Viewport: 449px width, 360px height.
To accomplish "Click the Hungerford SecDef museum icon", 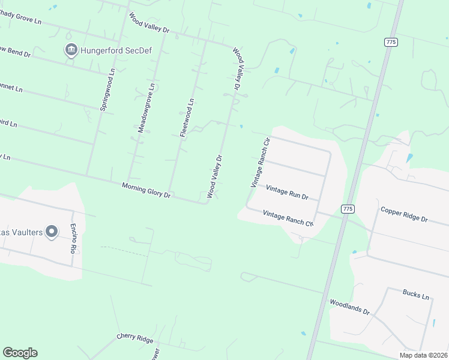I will (x=71, y=49).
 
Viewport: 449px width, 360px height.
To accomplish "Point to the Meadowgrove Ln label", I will (x=146, y=107).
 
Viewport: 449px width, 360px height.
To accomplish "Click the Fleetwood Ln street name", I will (x=187, y=118).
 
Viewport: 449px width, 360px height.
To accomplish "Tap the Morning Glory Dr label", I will (x=146, y=190).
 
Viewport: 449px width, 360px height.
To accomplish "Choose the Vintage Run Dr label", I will (x=287, y=193).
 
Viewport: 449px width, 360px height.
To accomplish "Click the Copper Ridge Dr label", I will (x=404, y=215).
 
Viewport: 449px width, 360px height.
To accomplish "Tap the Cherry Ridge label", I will (x=135, y=338).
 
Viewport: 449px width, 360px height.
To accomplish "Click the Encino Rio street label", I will (x=73, y=239).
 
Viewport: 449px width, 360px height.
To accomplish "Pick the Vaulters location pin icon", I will (x=52, y=231).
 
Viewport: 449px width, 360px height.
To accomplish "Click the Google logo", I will (x=20, y=353).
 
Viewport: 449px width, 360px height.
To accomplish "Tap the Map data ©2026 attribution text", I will (x=423, y=355).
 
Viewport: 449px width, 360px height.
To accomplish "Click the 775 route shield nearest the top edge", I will (x=391, y=41).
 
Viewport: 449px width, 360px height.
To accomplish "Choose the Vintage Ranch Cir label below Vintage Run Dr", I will (x=288, y=218).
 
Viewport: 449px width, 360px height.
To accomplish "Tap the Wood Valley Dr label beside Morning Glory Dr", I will (x=215, y=176).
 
